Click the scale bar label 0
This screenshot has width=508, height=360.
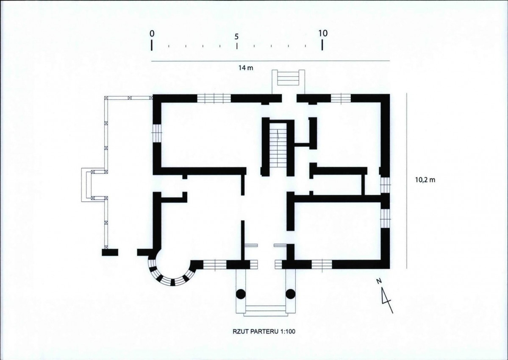tap(152, 33)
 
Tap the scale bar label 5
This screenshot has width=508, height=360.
tap(236, 36)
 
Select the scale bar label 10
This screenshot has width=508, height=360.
tap(323, 33)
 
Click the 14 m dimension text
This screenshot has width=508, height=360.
tap(246, 68)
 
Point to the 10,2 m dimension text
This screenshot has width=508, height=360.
tap(425, 179)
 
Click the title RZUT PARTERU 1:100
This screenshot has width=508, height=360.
tap(264, 332)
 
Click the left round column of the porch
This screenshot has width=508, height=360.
tap(240, 294)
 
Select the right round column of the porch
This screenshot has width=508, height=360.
tap(290, 294)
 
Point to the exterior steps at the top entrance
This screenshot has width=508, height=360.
tap(289, 78)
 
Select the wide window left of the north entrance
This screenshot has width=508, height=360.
tap(214, 98)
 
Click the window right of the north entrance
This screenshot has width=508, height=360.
tap(341, 98)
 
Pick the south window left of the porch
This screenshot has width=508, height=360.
tap(214, 265)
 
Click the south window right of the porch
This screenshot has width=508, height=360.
tap(322, 265)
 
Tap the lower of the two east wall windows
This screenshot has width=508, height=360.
tap(385, 218)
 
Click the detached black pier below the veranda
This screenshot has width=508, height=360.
tap(110, 252)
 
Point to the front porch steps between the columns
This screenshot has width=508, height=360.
tap(266, 310)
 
